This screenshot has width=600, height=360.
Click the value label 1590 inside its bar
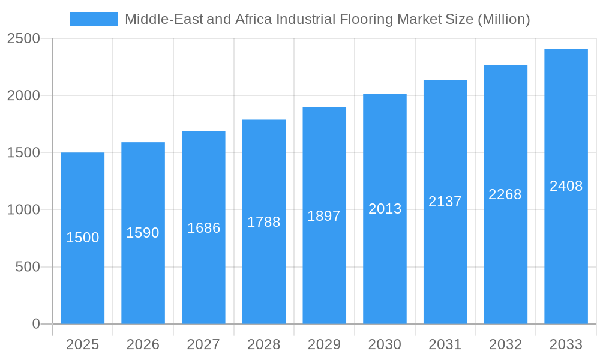coord(143,233)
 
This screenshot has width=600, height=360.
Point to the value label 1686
coord(204,228)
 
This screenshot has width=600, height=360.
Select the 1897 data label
coord(324,216)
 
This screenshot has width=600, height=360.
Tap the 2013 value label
coord(385,209)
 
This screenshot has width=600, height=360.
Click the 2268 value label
coord(505,194)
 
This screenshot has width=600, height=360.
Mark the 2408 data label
coord(566,186)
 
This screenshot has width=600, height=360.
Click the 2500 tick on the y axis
coord(23,38)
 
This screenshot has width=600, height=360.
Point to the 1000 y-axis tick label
coord(23,210)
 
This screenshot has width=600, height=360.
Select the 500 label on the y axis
coord(28,267)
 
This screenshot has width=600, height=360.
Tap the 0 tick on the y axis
coord(36,324)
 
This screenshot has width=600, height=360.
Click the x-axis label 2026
coord(143,344)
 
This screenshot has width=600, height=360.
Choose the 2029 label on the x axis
coord(324,344)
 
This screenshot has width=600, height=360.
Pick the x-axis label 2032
coord(505,344)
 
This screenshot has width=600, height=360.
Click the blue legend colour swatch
coord(94,19)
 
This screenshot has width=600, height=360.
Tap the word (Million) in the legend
coord(503,19)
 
